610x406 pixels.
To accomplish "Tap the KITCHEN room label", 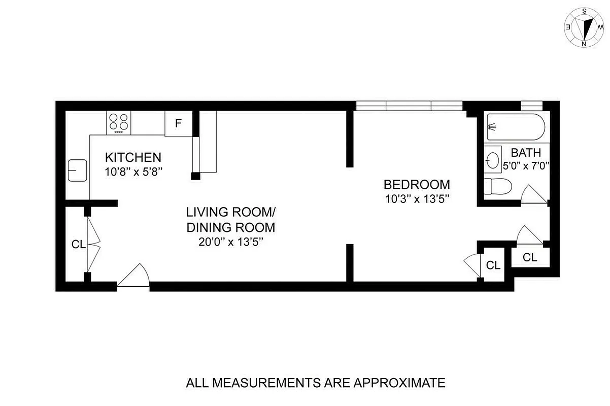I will click(x=133, y=157).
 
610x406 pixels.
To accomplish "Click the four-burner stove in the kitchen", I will click(x=119, y=123).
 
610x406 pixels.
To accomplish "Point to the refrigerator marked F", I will click(x=178, y=123).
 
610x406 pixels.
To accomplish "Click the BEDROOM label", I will click(x=417, y=184).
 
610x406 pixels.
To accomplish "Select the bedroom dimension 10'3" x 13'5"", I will click(x=417, y=199).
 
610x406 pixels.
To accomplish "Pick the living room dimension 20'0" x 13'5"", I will click(x=231, y=242).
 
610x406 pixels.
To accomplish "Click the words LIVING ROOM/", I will click(x=231, y=212).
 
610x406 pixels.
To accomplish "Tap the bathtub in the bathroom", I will click(x=515, y=127).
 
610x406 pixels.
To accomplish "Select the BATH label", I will click(x=526, y=152).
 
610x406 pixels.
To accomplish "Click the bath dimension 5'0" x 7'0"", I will click(x=526, y=165).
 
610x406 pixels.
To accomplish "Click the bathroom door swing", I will click(x=533, y=195).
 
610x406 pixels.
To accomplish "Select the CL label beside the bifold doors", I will click(x=78, y=244).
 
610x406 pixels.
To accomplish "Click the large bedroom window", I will click(x=409, y=106).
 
